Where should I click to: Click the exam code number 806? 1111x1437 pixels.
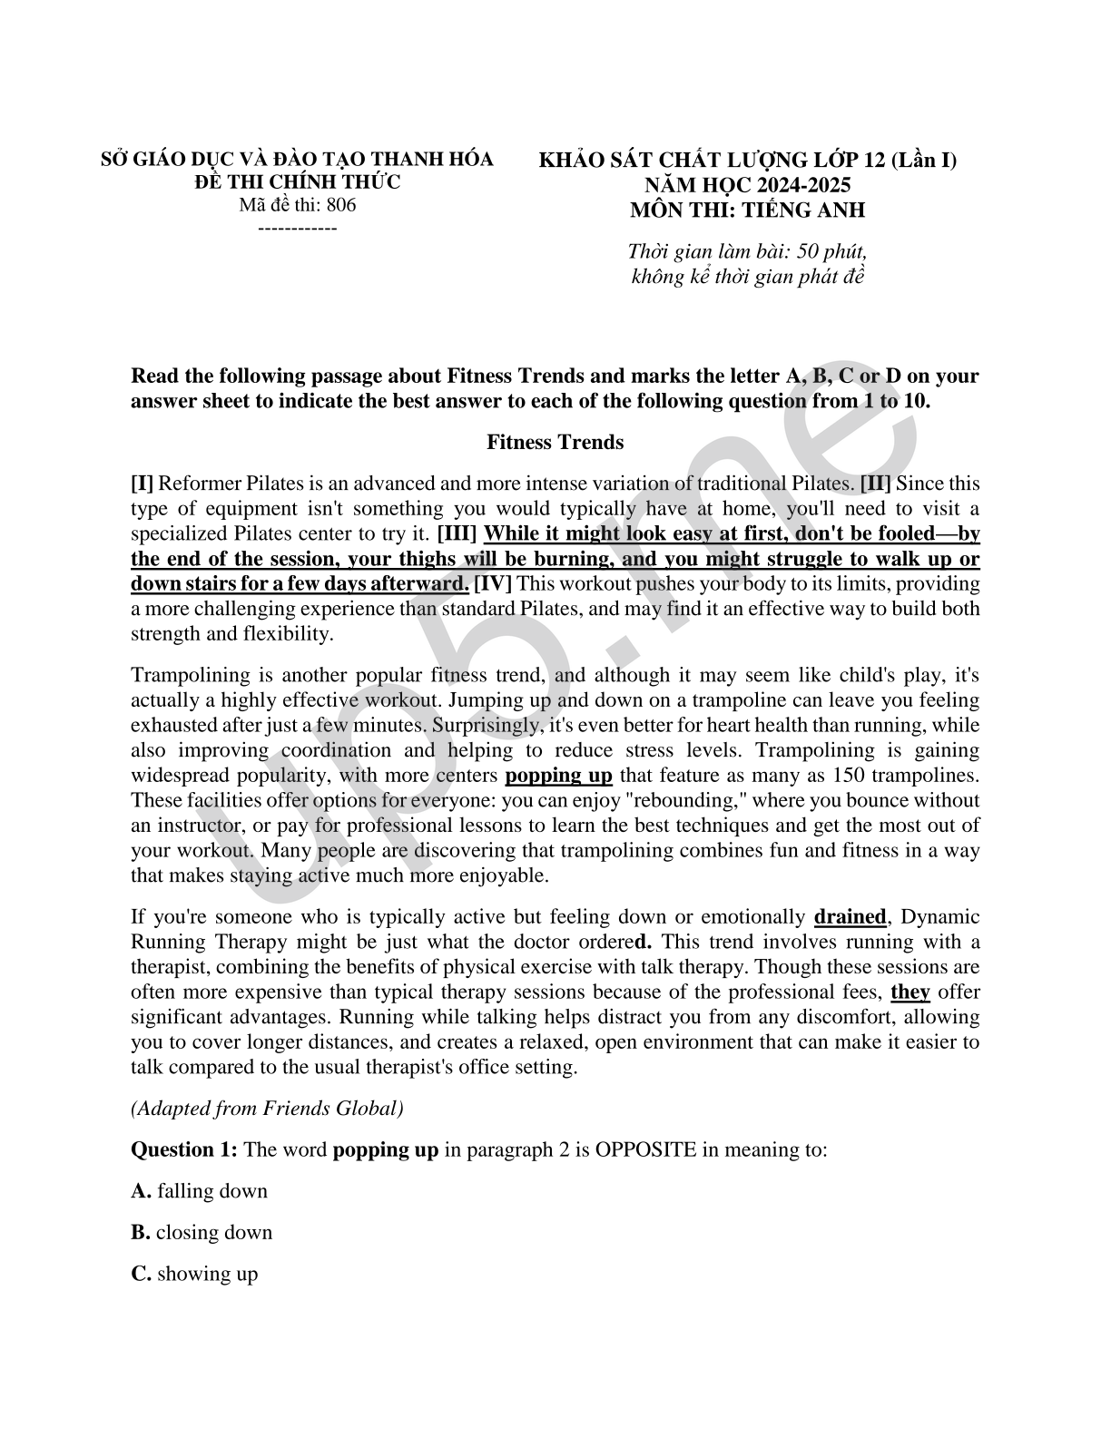tap(341, 205)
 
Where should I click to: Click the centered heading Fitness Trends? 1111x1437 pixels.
tap(555, 443)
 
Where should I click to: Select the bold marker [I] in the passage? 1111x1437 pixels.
tap(142, 484)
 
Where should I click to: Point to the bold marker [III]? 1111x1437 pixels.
tap(457, 533)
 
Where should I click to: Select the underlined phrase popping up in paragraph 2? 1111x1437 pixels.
tap(558, 776)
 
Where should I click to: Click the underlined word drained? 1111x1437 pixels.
tap(850, 917)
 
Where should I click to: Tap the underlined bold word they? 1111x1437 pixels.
tap(910, 992)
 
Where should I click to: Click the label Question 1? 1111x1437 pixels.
tap(184, 1150)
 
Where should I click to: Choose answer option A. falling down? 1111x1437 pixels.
tap(200, 1191)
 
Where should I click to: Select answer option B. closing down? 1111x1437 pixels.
tap(202, 1233)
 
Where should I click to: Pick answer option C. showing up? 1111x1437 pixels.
tap(195, 1274)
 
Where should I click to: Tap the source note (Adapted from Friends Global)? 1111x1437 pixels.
tap(267, 1109)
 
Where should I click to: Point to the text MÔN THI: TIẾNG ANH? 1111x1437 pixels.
tap(747, 210)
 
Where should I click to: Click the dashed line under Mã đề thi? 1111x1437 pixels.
tap(298, 228)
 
